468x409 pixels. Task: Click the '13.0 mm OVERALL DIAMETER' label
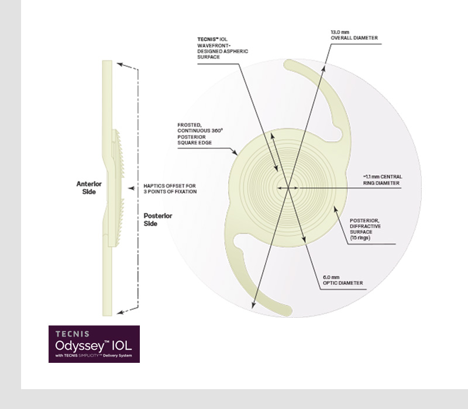[355, 35]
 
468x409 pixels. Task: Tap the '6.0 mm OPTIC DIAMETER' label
[343, 280]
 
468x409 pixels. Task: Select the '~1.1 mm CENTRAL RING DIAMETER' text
[383, 180]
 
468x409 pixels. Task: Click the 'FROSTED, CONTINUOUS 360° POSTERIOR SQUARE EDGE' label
[200, 134]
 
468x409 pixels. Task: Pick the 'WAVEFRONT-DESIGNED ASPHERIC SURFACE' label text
[223, 51]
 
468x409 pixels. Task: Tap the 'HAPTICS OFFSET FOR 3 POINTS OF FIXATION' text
[170, 189]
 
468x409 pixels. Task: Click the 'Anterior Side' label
[89, 188]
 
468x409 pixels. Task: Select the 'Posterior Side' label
[158, 220]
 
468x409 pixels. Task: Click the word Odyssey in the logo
[80, 346]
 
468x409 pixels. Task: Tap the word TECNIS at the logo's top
[72, 334]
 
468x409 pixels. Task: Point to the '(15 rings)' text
[360, 238]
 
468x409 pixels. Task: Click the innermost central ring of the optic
[288, 188]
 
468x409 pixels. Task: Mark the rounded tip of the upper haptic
[288, 64]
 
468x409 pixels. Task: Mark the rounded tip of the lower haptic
[288, 311]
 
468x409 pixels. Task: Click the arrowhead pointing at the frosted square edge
[235, 152]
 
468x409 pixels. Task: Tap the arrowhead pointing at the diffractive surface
[335, 209]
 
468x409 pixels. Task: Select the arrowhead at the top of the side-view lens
[120, 64]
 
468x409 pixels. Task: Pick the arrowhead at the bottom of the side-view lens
[120, 312]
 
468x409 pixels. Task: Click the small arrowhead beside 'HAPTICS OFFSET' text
[130, 188]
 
